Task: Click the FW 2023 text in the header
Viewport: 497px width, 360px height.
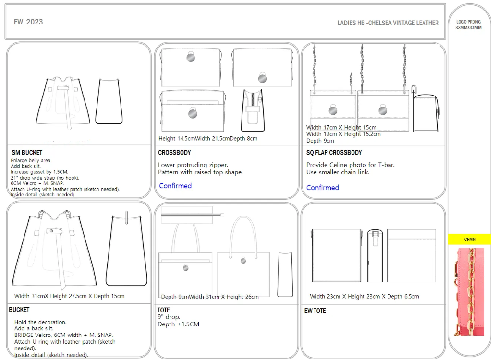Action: coord(28,22)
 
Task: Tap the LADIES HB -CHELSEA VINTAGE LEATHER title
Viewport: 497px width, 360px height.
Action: coord(388,23)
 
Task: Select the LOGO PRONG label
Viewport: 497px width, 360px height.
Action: coord(469,22)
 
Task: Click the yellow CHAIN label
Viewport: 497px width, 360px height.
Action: coord(470,239)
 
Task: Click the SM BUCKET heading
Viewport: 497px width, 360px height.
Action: coord(27,153)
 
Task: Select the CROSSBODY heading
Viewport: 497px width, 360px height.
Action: coord(174,153)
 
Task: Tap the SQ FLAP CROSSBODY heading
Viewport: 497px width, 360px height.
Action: coord(334,153)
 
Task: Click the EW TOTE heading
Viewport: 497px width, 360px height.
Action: coord(315,311)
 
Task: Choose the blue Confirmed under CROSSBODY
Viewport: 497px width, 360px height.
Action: coord(175,186)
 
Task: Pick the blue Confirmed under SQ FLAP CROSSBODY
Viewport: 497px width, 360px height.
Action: coord(322,188)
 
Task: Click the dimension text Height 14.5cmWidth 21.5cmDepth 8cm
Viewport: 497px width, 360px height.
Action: coord(208,139)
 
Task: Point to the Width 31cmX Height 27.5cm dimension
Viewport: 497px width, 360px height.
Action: coord(70,296)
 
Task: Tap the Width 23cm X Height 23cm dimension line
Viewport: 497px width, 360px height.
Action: coord(364,296)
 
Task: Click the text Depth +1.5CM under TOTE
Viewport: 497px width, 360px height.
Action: coord(179,324)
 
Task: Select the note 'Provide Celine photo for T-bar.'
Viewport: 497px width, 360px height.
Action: coord(350,165)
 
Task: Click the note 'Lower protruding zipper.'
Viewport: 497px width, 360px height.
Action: coord(193,165)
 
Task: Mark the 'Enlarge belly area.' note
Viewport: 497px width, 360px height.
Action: coord(31,160)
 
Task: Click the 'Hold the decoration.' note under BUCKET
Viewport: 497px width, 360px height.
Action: coord(40,322)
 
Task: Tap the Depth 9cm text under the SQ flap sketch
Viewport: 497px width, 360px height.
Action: coord(320,141)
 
